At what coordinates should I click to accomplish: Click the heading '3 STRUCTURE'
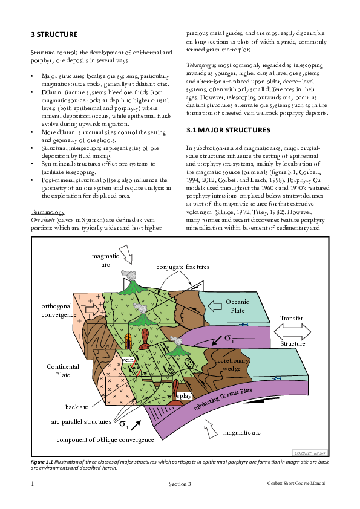54,34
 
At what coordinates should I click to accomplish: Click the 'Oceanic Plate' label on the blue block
237,306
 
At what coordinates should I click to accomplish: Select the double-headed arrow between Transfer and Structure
292,331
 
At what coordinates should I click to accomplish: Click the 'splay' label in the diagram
183,396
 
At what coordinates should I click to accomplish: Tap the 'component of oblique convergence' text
104,439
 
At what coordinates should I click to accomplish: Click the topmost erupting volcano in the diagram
129,282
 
